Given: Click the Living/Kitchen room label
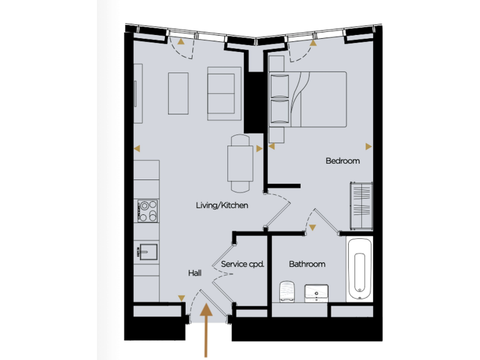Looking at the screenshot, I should (222, 205).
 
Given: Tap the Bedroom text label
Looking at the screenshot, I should (342, 161).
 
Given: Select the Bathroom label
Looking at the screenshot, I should (307, 264).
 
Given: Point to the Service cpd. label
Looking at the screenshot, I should (243, 264).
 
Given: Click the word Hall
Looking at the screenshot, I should (195, 273).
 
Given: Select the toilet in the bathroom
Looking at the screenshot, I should (287, 292).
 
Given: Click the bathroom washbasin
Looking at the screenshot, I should (317, 291).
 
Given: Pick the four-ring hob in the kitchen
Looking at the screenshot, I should (147, 211).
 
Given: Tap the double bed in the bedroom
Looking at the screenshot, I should (307, 99).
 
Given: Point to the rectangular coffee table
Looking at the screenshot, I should (179, 93).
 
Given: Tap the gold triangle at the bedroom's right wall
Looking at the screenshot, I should (369, 147).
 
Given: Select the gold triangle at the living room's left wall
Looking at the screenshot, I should (137, 149).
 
